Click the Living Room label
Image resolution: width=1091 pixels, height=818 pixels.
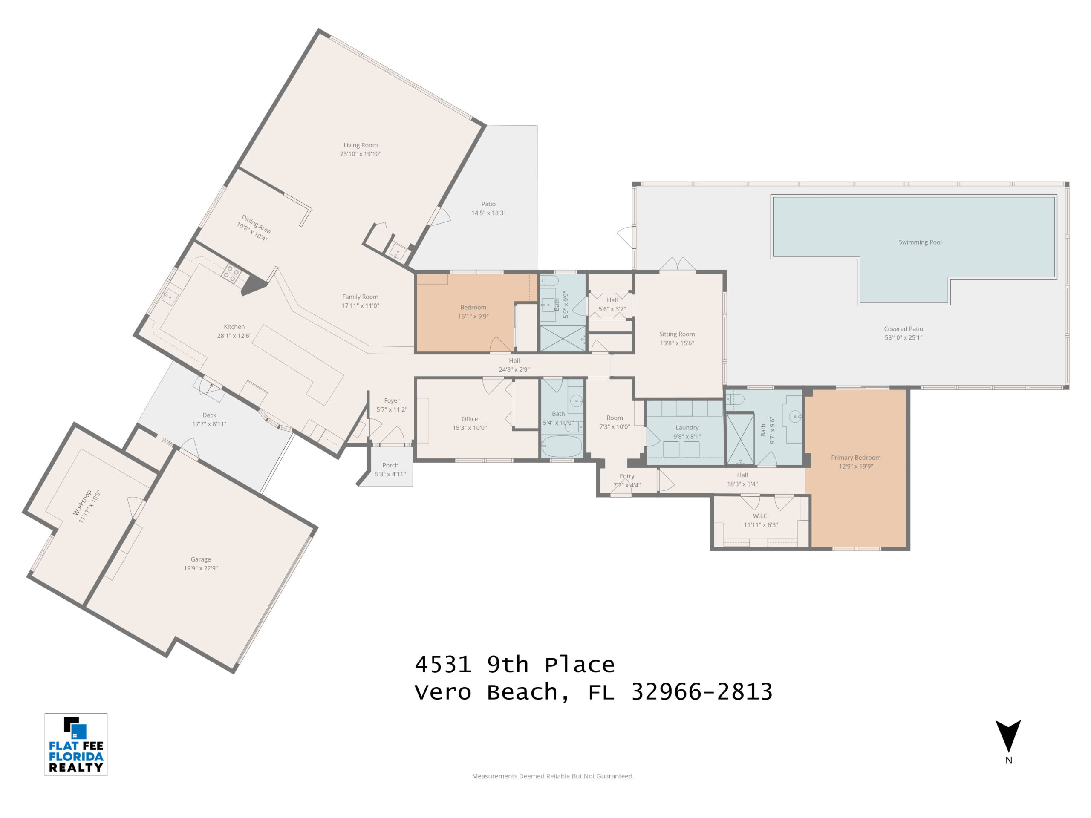361,145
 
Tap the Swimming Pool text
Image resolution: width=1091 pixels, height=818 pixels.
920,242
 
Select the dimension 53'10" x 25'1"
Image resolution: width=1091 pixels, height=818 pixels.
903,338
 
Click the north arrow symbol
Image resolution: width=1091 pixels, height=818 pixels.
1008,736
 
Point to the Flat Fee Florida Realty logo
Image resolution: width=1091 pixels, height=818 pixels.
76,745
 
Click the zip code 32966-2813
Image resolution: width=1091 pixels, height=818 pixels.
702,692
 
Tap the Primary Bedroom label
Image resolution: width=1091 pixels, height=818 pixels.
856,458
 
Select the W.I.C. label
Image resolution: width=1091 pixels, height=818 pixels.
761,516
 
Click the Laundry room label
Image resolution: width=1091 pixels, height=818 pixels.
687,427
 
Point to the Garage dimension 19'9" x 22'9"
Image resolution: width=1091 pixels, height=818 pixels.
201,568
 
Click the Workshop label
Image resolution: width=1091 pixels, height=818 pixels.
82,502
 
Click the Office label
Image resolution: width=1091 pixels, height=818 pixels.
470,419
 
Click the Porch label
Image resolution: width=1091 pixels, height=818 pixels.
390,465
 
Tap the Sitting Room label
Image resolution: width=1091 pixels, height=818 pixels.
677,334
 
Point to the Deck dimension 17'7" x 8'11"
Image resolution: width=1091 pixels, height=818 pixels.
209,424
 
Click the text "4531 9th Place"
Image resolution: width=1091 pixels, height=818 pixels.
515,665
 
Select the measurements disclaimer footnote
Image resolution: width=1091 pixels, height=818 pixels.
553,776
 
